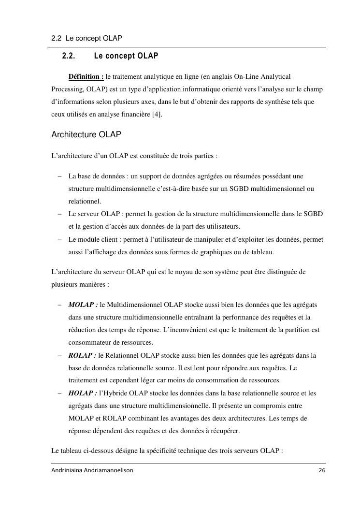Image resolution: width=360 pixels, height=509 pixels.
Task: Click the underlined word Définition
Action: point(86,76)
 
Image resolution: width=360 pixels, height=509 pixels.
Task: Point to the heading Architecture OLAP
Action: point(86,135)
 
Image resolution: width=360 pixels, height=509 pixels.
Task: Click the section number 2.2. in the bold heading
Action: point(69,56)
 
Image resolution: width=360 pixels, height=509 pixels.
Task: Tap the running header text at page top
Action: point(86,38)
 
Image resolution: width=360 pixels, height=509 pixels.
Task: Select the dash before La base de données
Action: point(58,176)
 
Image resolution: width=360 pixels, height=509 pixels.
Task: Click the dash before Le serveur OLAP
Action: point(58,214)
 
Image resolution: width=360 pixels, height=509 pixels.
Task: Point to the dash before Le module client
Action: point(58,239)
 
